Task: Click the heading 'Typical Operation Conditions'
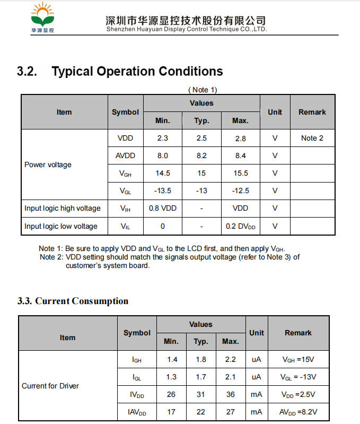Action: pyautogui.click(x=137, y=71)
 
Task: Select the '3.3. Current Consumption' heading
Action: pyautogui.click(x=73, y=301)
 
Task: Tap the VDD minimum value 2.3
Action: pyautogui.click(x=162, y=138)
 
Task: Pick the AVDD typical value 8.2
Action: pyautogui.click(x=201, y=155)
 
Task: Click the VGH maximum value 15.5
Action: pyautogui.click(x=240, y=173)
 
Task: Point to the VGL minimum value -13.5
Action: pyautogui.click(x=162, y=191)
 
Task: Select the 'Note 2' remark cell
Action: pyautogui.click(x=312, y=138)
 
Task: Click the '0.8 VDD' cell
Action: pyautogui.click(x=162, y=208)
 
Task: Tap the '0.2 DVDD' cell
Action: pyautogui.click(x=240, y=226)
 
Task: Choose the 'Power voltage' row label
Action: pyautogui.click(x=48, y=165)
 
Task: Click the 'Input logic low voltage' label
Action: pyautogui.click(x=61, y=226)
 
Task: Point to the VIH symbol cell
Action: pyautogui.click(x=125, y=209)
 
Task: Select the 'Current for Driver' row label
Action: pyautogui.click(x=50, y=386)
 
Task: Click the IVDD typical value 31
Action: pyautogui.click(x=200, y=394)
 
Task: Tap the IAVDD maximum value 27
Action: pyautogui.click(x=230, y=412)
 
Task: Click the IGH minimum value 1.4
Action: pyautogui.click(x=172, y=359)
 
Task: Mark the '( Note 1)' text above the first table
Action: pyautogui.click(x=203, y=90)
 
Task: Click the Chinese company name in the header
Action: pyautogui.click(x=186, y=20)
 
